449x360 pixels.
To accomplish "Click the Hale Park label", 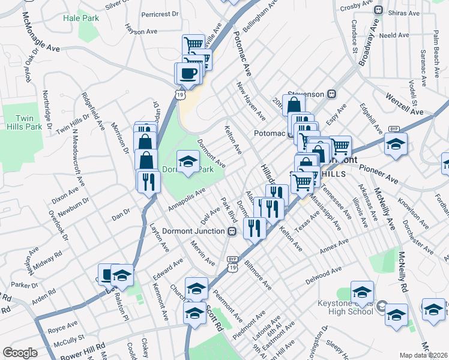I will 81,18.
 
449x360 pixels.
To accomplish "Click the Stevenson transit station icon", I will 330,94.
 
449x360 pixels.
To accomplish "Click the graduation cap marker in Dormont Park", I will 188,161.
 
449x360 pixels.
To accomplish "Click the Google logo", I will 20,353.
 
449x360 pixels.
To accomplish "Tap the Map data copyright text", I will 424,355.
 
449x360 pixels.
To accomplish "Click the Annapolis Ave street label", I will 187,199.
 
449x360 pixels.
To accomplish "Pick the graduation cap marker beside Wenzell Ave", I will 396,145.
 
